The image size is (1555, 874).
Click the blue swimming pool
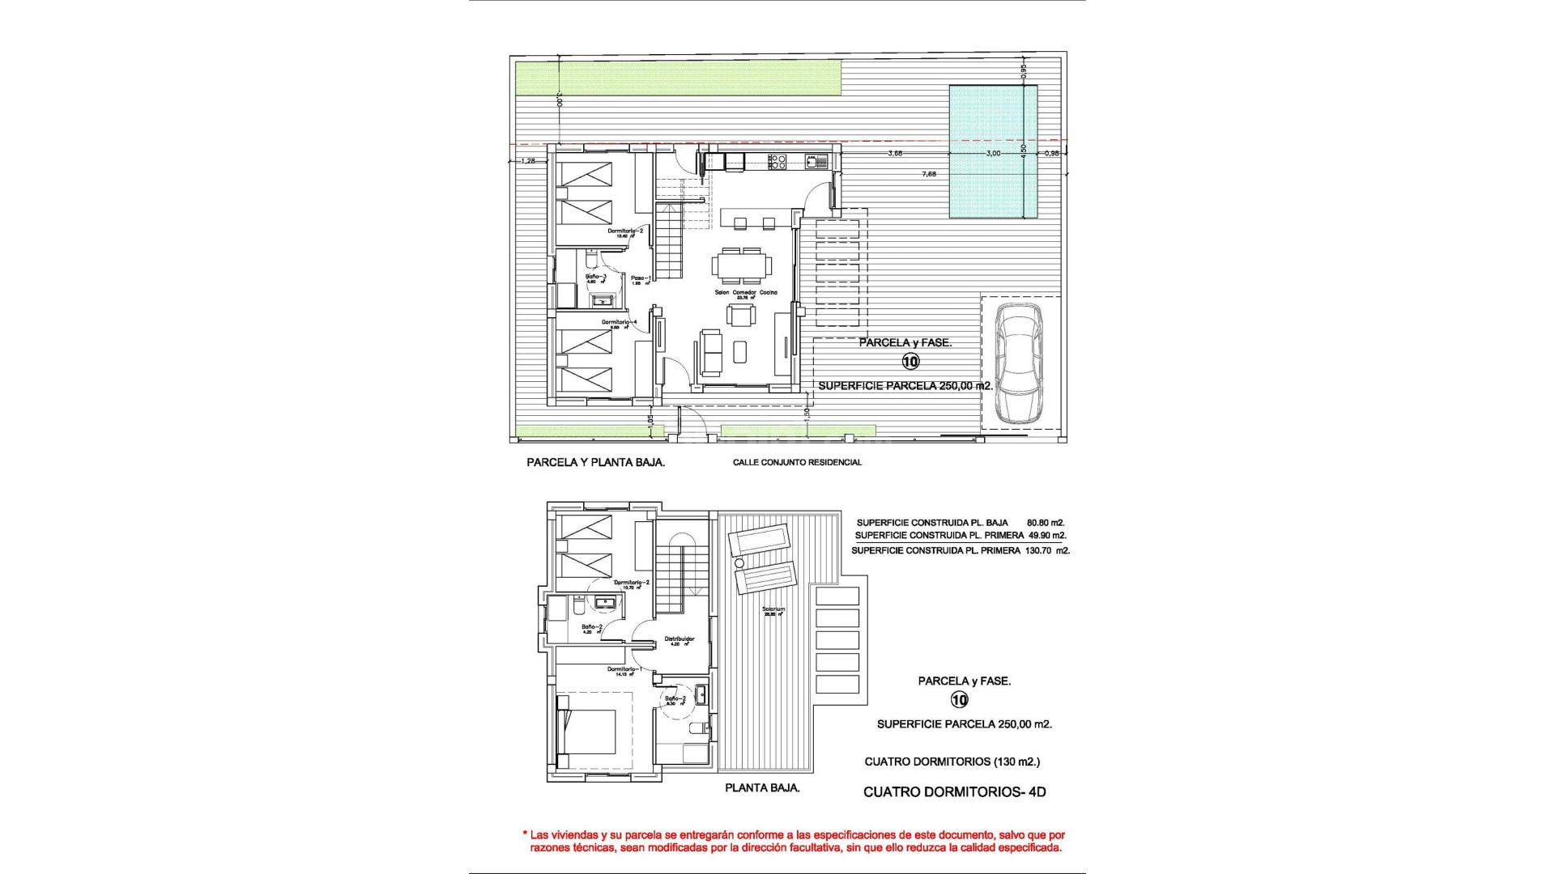point(993,152)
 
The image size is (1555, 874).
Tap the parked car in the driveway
point(1020,363)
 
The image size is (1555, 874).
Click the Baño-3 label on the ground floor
point(596,278)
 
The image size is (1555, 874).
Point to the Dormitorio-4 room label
point(620,322)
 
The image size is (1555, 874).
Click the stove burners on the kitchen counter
point(777,161)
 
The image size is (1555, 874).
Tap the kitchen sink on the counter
point(812,162)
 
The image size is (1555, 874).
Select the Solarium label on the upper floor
point(773,609)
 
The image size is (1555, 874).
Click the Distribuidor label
point(680,639)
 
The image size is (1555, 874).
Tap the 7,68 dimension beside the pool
point(929,174)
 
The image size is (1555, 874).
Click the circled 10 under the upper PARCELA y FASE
point(910,362)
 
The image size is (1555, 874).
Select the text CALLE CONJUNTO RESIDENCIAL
point(797,463)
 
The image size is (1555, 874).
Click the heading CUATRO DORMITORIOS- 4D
point(954,792)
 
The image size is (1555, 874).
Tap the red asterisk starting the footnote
point(525,834)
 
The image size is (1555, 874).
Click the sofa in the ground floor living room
point(710,353)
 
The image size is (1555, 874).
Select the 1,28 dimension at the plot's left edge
point(528,161)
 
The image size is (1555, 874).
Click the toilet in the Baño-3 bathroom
point(590,262)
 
